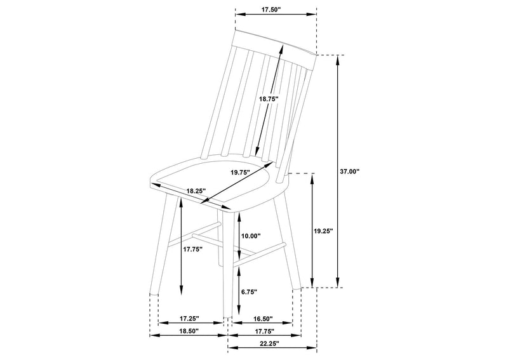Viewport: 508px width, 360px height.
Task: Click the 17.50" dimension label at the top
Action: tap(271, 9)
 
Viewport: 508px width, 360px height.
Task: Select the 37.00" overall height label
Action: tap(350, 171)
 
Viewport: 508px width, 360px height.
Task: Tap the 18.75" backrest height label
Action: tap(269, 99)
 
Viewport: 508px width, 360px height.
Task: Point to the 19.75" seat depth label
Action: tap(240, 173)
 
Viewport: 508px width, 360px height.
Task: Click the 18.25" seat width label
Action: tap(196, 191)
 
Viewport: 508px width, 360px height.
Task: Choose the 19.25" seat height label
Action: tap(323, 231)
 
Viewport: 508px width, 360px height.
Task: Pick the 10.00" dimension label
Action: tap(251, 236)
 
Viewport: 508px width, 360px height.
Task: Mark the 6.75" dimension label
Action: tap(249, 291)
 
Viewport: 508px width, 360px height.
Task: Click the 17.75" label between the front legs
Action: tap(192, 249)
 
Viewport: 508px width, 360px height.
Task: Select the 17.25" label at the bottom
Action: tap(189, 319)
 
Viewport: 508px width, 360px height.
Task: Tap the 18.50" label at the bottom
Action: tap(188, 331)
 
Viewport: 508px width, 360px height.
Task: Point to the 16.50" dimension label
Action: tap(263, 319)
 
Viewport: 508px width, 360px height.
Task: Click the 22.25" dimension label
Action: tap(269, 343)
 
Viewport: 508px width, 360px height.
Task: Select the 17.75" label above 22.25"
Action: tap(264, 331)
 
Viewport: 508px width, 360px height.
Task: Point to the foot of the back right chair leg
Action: tap(297, 288)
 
